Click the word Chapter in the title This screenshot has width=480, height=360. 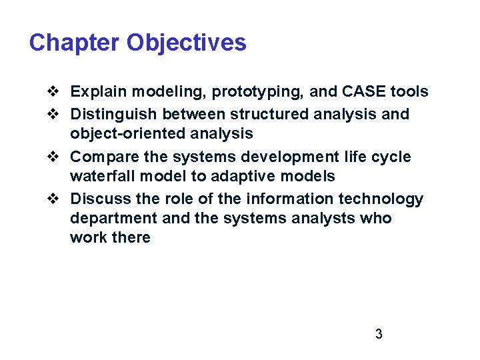click(x=75, y=43)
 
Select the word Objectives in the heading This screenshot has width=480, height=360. click(x=186, y=43)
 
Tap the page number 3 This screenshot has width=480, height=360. click(x=379, y=334)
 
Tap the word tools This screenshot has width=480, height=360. click(x=409, y=91)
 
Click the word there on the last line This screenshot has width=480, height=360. click(x=132, y=237)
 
